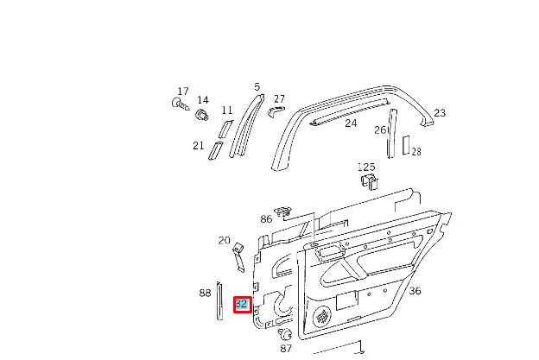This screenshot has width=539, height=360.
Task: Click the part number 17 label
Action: pyautogui.click(x=182, y=92)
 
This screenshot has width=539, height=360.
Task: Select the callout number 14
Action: pyautogui.click(x=203, y=100)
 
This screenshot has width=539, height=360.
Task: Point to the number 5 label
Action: pyautogui.click(x=257, y=86)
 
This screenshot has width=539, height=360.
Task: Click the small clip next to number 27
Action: pyautogui.click(x=276, y=111)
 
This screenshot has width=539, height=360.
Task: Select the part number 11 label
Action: pyautogui.click(x=227, y=111)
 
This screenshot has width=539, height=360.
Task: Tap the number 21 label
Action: pyautogui.click(x=198, y=145)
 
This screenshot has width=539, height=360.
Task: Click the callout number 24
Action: pyautogui.click(x=351, y=123)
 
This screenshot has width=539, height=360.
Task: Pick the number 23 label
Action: pyautogui.click(x=439, y=113)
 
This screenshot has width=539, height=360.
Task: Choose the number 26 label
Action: pyautogui.click(x=379, y=130)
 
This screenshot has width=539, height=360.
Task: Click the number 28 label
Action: pyautogui.click(x=415, y=152)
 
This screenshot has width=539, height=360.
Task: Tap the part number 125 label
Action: pyautogui.click(x=366, y=166)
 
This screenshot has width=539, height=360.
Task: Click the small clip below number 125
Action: pyautogui.click(x=369, y=180)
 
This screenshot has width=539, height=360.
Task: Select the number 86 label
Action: pyautogui.click(x=266, y=219)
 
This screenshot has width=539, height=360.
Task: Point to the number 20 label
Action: pyautogui.click(x=224, y=240)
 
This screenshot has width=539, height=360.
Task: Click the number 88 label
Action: pyautogui.click(x=205, y=293)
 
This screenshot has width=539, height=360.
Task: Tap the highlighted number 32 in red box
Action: pyautogui.click(x=242, y=304)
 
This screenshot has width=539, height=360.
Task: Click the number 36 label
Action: pyautogui.click(x=415, y=291)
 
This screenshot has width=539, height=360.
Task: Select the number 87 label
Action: pyautogui.click(x=286, y=348)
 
